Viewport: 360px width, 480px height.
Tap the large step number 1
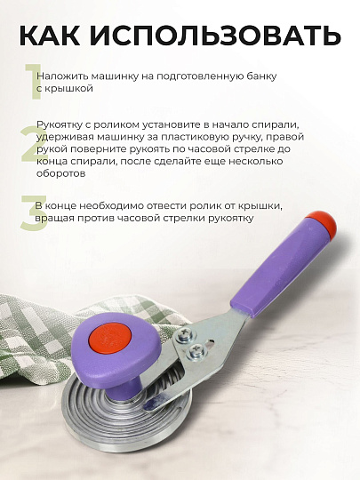point(33,81)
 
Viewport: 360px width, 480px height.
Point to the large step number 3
point(32,214)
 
